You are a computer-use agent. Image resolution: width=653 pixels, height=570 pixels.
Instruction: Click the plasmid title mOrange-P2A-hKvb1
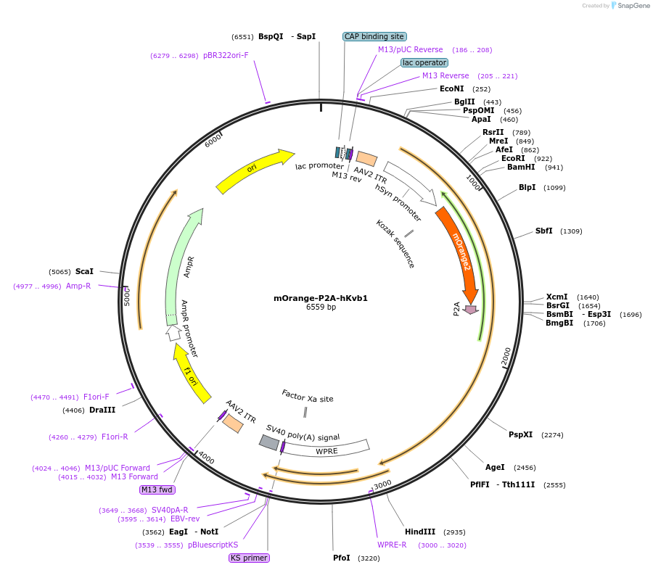point(325,298)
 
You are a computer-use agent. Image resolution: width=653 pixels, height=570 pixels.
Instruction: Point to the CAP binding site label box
point(374,36)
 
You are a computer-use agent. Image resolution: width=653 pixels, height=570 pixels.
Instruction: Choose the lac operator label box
point(424,62)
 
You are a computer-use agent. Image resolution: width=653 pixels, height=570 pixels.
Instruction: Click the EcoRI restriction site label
point(513,158)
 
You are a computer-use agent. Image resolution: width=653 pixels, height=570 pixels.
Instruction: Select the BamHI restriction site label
point(521,167)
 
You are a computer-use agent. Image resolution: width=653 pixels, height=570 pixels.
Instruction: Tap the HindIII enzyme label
point(420,532)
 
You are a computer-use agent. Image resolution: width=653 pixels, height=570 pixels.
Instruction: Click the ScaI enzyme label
point(84,271)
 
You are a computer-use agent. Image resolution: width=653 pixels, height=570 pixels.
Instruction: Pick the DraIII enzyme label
point(102,410)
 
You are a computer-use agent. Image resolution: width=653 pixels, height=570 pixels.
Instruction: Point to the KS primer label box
point(249,558)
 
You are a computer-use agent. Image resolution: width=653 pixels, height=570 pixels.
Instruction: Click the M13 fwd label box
point(157,490)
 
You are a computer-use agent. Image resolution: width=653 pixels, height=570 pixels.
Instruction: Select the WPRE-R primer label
point(392,545)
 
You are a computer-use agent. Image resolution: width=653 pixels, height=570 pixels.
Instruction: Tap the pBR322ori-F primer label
point(226,55)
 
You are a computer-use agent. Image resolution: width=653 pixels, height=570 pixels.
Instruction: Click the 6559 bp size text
point(321,307)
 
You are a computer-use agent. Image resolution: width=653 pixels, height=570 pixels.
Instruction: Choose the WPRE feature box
point(326,451)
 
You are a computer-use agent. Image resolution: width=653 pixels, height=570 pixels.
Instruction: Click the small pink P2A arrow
point(471,310)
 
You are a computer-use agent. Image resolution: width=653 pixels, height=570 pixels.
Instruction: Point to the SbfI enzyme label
point(543,231)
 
